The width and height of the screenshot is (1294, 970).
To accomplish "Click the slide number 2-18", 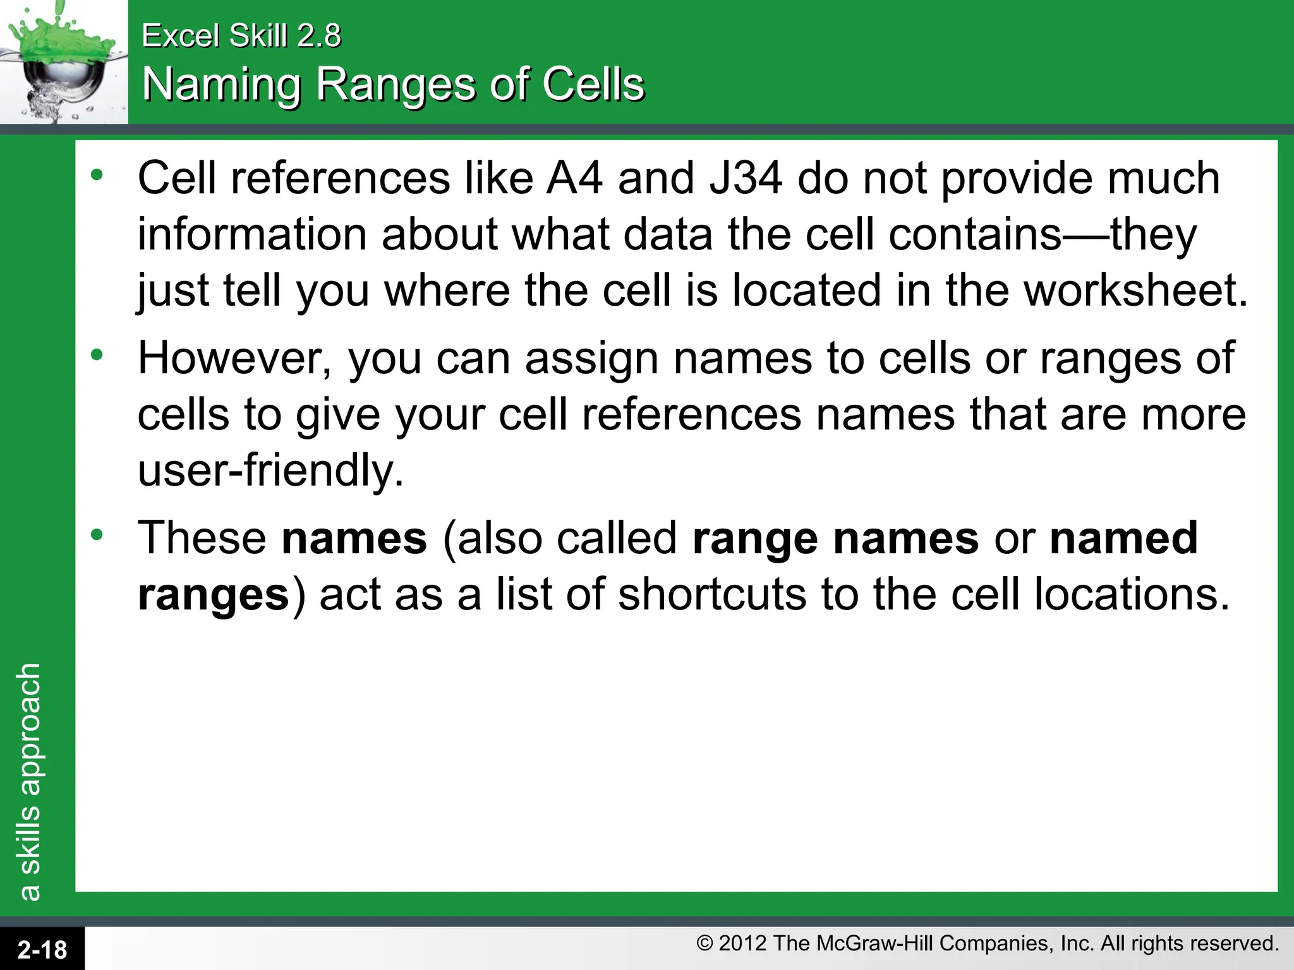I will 42,950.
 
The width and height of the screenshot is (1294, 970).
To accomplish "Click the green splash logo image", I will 63,62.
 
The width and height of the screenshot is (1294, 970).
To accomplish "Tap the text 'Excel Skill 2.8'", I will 241,35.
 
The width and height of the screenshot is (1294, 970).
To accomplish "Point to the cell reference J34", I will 746,179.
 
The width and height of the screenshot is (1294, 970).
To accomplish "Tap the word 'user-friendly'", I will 270,471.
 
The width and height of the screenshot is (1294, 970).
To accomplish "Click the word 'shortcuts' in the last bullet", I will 712,595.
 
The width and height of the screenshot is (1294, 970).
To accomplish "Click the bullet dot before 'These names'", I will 97,536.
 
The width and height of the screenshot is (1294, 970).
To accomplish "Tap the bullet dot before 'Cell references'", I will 97,176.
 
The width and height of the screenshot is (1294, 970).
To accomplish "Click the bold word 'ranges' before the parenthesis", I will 214,595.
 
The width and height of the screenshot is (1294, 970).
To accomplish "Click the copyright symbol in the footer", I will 704,943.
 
